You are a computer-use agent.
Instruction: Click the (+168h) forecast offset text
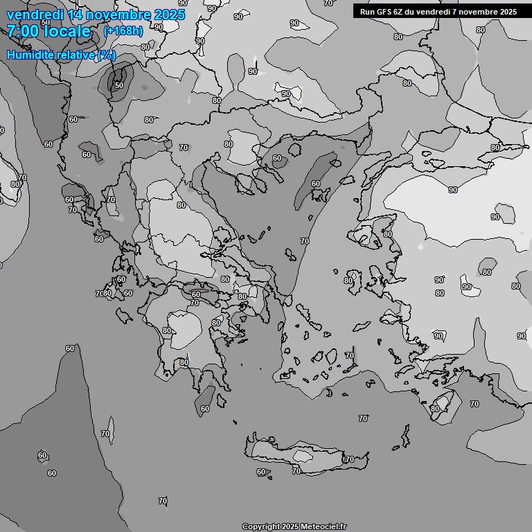point(123,31)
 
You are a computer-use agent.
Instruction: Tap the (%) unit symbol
point(107,55)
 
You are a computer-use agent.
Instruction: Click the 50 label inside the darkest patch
point(119,85)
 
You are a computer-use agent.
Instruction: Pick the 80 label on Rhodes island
point(434,409)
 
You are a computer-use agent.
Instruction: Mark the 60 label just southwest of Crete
point(261,472)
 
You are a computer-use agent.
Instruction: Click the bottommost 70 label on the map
point(162,500)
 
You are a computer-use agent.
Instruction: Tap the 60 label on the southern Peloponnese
point(204,409)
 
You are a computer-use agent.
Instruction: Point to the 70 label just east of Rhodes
point(474,403)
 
